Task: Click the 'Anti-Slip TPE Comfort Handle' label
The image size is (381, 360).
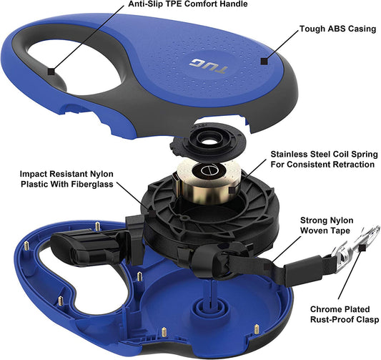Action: coord(188,4)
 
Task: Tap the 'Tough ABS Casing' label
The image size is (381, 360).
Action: coord(337,29)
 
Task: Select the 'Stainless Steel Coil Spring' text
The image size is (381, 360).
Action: coord(324,155)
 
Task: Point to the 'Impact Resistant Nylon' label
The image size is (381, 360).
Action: coord(66,174)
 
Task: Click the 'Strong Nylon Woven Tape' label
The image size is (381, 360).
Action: coord(327,225)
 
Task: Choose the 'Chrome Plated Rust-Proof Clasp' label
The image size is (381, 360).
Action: coord(345,314)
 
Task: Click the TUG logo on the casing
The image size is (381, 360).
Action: coord(208,66)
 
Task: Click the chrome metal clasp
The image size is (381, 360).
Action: coord(354,245)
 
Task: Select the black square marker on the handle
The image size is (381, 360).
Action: coord(51,72)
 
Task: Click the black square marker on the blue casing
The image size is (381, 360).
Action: coord(264,61)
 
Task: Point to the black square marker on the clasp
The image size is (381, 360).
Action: coord(362,248)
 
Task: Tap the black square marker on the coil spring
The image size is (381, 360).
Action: coord(232,190)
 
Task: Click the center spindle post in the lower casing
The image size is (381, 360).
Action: coord(210,304)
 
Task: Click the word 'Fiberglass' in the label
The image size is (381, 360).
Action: coord(92,184)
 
